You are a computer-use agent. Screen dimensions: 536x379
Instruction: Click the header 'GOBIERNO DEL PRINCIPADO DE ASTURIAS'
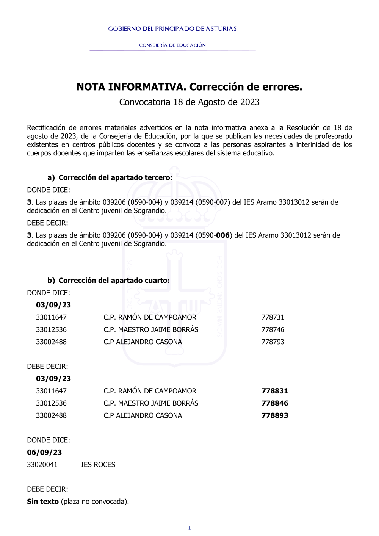coord(172,29)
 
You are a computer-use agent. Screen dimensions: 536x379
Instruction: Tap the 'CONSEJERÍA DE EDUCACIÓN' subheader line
coord(172,45)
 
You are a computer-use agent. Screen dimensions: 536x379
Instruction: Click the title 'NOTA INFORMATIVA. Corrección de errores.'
coord(189,87)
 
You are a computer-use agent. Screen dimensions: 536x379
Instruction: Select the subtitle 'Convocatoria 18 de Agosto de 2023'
coord(189,102)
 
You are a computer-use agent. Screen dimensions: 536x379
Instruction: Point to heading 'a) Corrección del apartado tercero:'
coord(110,177)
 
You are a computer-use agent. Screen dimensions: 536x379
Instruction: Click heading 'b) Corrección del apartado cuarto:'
coord(109,281)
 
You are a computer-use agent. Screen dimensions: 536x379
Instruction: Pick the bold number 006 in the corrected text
coord(223,235)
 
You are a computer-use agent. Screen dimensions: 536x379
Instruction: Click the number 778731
coord(273,317)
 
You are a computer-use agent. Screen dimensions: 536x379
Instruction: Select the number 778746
coord(273,329)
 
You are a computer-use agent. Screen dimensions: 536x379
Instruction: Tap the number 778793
coord(273,342)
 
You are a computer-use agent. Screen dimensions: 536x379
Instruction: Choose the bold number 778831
coord(275,391)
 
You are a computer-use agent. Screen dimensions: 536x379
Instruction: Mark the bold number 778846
coord(275,403)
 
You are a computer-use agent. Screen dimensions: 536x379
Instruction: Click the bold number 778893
coord(275,415)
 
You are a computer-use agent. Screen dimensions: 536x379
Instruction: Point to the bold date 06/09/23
coord(44,452)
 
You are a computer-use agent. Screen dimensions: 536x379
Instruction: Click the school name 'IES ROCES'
coord(98,465)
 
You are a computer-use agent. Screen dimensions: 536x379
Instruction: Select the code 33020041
coord(42,465)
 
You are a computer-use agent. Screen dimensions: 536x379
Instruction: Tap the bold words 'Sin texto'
coord(43,502)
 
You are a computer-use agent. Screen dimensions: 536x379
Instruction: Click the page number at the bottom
coord(189,528)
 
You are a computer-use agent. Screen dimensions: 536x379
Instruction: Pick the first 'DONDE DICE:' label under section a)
coord(49,190)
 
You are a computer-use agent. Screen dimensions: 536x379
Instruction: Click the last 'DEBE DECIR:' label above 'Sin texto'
coord(47,489)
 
